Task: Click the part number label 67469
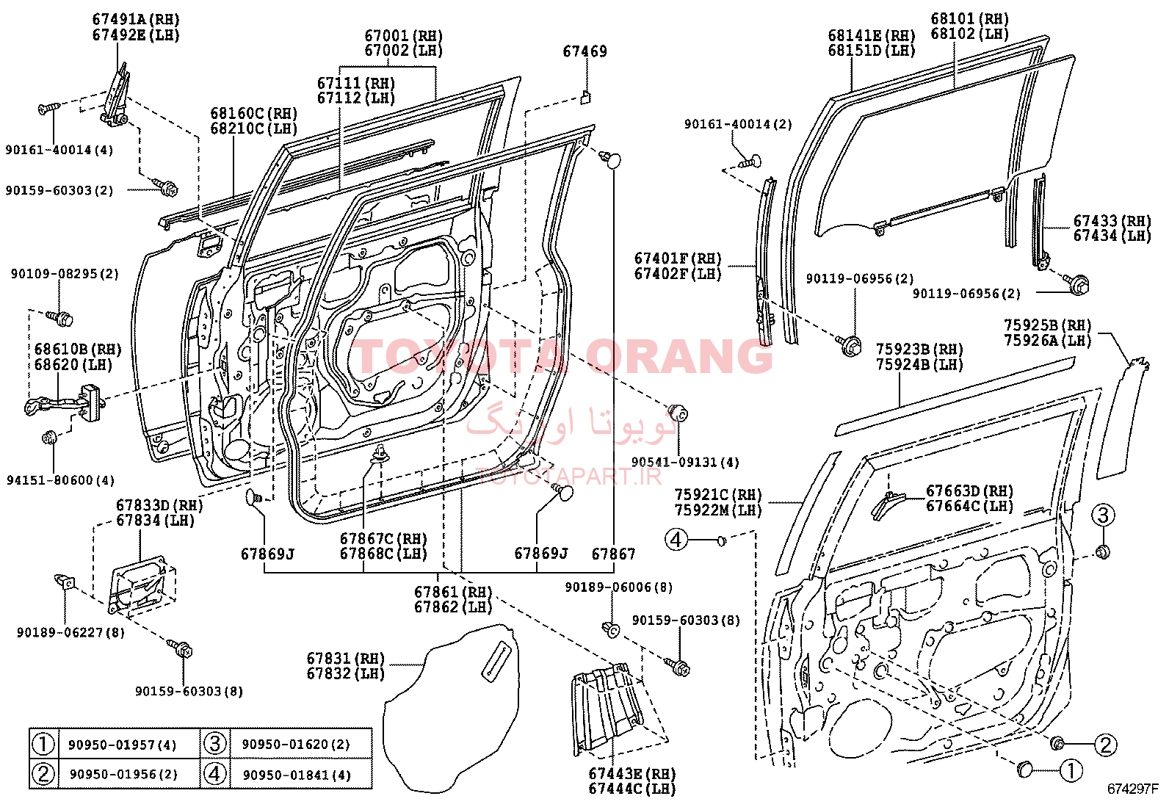pyautogui.click(x=584, y=51)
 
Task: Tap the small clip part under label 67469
pyautogui.click(x=585, y=97)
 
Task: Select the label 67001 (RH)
pyautogui.click(x=403, y=36)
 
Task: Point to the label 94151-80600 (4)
pyautogui.click(x=60, y=480)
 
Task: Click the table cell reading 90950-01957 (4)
pyautogui.click(x=123, y=745)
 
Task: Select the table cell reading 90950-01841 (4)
pyautogui.click(x=297, y=775)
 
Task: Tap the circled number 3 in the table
pyautogui.click(x=214, y=744)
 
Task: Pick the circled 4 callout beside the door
pyautogui.click(x=676, y=540)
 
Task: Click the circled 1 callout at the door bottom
pyautogui.click(x=1071, y=770)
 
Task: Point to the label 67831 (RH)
pyautogui.click(x=345, y=658)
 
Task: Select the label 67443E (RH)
pyautogui.click(x=632, y=774)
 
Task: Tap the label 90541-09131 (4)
pyautogui.click(x=685, y=462)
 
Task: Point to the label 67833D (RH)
pyautogui.click(x=159, y=505)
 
